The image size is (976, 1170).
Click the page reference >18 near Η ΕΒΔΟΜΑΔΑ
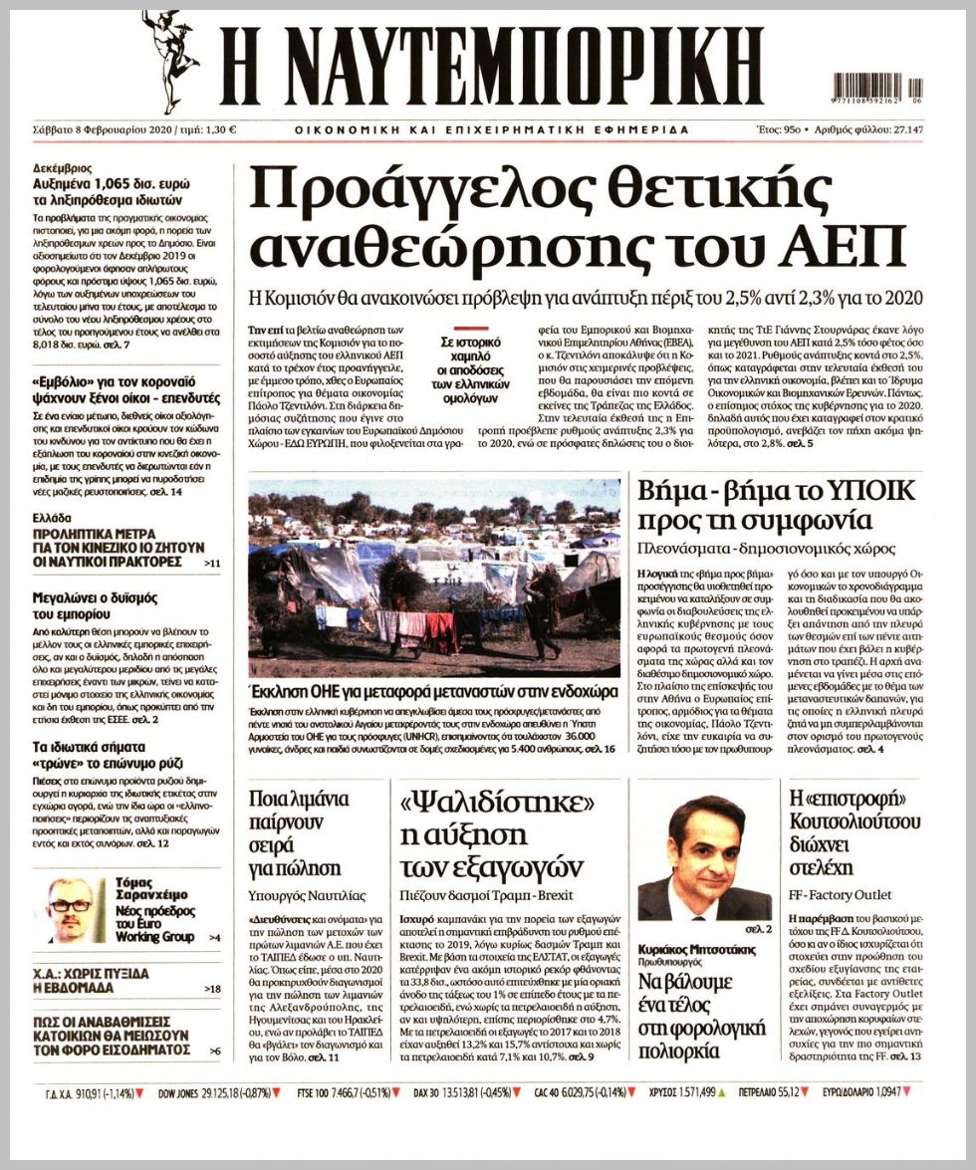pyautogui.click(x=211, y=989)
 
